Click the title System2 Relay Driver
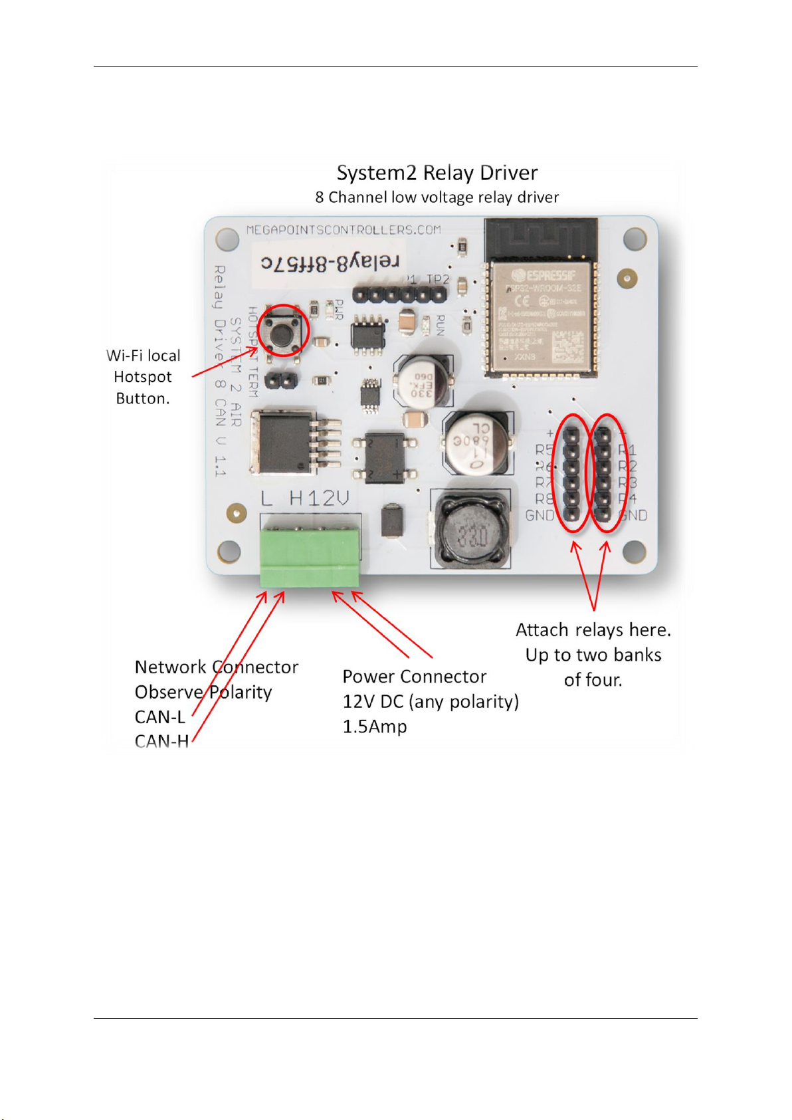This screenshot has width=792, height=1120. click(437, 173)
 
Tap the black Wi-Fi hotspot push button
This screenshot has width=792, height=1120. click(282, 329)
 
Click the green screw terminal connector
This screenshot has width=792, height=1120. click(310, 556)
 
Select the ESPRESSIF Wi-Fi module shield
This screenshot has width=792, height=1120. click(540, 315)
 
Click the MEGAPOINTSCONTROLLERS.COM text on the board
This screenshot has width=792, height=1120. click(344, 230)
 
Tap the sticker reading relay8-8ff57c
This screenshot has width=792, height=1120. click(330, 263)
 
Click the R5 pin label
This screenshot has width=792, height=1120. click(544, 449)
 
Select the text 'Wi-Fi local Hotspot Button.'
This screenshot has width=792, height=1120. click(143, 377)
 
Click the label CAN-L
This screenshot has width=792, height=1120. click(159, 717)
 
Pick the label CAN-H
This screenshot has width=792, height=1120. click(161, 741)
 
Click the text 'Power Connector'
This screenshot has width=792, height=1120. click(414, 677)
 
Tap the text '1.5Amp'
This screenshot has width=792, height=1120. click(374, 727)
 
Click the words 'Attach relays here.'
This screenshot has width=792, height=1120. click(593, 630)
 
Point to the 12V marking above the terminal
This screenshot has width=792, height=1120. click(326, 499)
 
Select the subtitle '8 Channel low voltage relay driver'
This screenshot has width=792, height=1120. click(437, 197)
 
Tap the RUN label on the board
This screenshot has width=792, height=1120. click(440, 326)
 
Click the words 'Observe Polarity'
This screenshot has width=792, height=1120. click(203, 692)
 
